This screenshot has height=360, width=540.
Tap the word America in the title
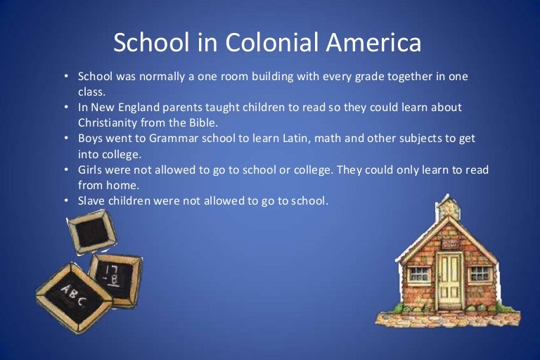pyautogui.click(x=373, y=42)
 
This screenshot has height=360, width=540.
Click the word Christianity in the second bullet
pyautogui.click(x=108, y=123)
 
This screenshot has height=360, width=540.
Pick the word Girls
pyautogui.click(x=90, y=169)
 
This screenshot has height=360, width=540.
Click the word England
pyautogui.click(x=139, y=108)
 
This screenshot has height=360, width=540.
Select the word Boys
pyautogui.click(x=90, y=139)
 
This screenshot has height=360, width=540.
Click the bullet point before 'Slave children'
pyautogui.click(x=66, y=200)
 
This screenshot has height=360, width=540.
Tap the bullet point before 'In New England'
pyautogui.click(x=66, y=107)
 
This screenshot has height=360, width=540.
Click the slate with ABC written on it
pyautogui.click(x=74, y=298)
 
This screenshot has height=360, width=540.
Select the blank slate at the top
pyautogui.click(x=92, y=231)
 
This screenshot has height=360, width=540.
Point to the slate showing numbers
pyautogui.click(x=116, y=280)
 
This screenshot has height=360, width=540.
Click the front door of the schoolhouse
pyautogui.click(x=450, y=280)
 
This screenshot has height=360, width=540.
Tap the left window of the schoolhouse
pyautogui.click(x=419, y=274)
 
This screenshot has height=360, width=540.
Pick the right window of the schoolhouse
pyautogui.click(x=480, y=274)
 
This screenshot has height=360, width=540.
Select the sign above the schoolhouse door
pyautogui.click(x=451, y=244)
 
